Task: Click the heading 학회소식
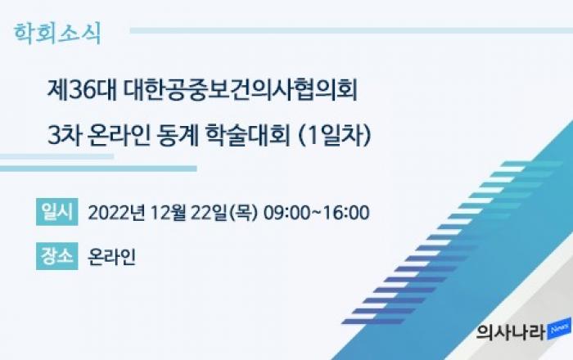tap(57, 34)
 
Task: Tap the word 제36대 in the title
tap(82, 90)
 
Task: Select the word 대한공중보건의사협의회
tap(240, 90)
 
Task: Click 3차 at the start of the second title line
tap(65, 136)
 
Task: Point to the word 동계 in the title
tap(178, 136)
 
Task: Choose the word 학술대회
tap(248, 136)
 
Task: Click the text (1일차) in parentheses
tap(335, 136)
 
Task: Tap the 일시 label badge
tap(57, 212)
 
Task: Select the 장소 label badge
tap(57, 256)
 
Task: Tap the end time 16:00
tap(346, 213)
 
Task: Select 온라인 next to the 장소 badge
tap(112, 257)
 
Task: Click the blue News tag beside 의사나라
tap(560, 329)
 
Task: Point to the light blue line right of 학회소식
tap(351, 30)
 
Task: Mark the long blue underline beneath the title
tap(98, 169)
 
